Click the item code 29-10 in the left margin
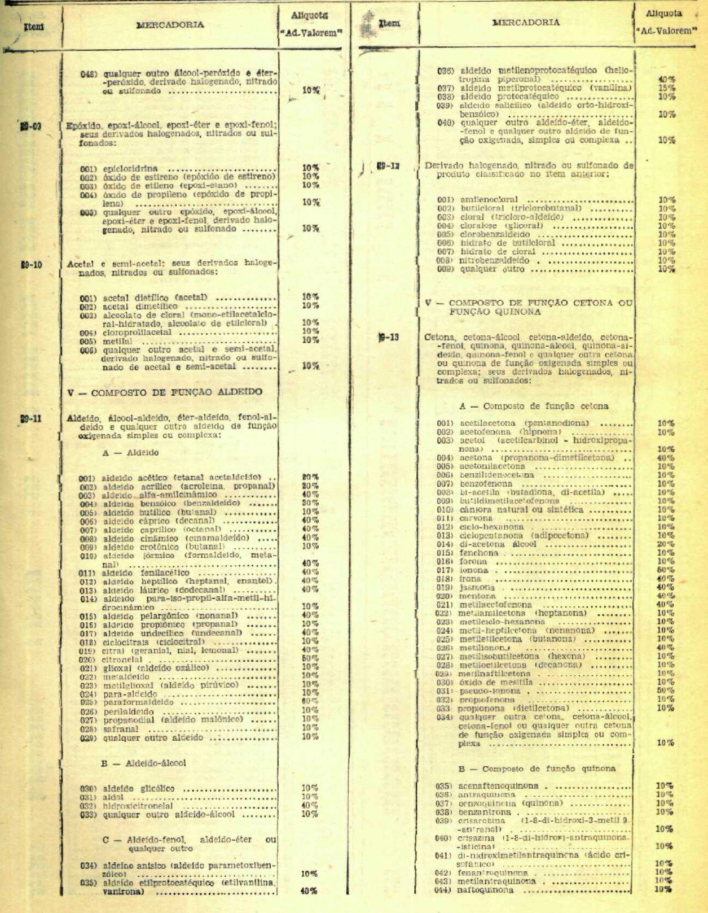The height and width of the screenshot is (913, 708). click(32, 264)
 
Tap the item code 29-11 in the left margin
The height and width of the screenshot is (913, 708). click(31, 418)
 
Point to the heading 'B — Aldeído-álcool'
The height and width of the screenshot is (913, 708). click(143, 763)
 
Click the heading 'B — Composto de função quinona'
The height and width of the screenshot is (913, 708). click(537, 768)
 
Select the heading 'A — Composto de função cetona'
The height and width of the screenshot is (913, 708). click(534, 406)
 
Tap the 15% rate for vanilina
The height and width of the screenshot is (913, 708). click(667, 88)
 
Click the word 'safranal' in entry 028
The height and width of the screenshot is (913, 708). click(121, 729)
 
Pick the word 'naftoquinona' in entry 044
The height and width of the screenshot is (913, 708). click(485, 890)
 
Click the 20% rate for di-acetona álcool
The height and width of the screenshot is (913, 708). click(666, 544)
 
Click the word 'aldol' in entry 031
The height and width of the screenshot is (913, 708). click(113, 797)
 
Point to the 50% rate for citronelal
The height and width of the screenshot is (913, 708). click(310, 658)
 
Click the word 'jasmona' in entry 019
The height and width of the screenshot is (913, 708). click(477, 587)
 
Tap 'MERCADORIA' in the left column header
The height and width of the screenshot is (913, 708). click(170, 25)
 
